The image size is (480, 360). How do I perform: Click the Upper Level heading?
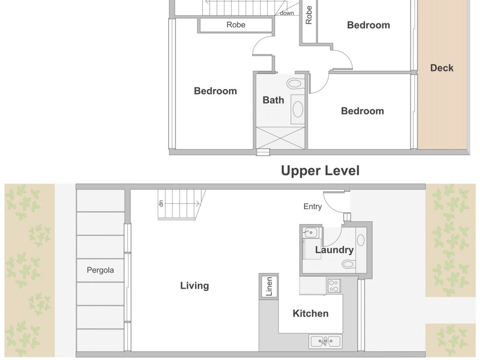tap(320, 171)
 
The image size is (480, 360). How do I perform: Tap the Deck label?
tap(442, 68)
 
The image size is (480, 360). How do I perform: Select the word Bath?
tap(273, 100)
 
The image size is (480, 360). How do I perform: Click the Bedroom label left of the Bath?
tap(216, 91)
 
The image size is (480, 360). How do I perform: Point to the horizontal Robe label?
tap(236, 25)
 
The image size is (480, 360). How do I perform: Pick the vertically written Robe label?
tap(308, 15)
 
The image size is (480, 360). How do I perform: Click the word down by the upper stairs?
tap(287, 13)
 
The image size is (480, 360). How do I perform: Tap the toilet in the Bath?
tap(296, 83)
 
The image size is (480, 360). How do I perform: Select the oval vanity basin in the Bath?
tap(298, 109)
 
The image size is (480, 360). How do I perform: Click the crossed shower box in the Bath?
tap(280, 138)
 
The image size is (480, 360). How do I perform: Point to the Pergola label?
tap(100, 270)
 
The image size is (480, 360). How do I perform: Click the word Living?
tap(195, 285)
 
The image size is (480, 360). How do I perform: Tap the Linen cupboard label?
tap(269, 286)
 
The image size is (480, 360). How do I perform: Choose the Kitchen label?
tap(311, 314)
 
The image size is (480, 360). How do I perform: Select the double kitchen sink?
tap(325, 342)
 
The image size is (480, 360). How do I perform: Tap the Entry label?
tap(313, 207)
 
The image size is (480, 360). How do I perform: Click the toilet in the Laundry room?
tap(349, 263)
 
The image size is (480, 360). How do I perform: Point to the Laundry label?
tap(334, 250)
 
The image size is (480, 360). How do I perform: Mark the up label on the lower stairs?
tap(161, 203)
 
